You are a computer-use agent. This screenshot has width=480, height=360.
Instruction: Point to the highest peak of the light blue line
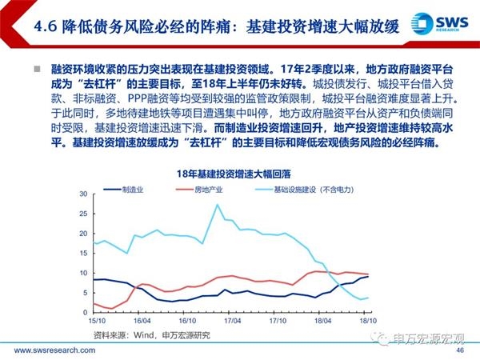pyautogui.click(x=218, y=205)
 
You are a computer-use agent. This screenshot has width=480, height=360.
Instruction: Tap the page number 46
pyautogui.click(x=459, y=350)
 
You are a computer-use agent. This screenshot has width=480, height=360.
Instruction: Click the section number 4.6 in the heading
pyautogui.click(x=47, y=25)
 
